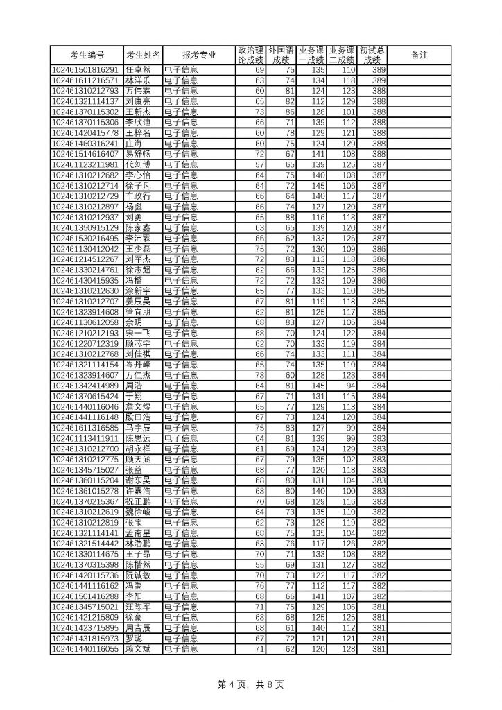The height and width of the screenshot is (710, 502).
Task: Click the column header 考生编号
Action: pos(87,55)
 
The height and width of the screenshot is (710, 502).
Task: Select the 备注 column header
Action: pos(419,55)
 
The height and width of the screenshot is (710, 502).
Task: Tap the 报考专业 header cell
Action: pos(199,55)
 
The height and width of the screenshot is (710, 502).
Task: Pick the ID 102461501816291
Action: pos(86,70)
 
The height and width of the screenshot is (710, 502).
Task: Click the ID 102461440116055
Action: pos(86,649)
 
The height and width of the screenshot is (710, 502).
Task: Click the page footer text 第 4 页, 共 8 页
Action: pos(250,684)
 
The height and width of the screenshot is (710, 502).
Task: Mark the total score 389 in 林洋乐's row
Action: pos(379,80)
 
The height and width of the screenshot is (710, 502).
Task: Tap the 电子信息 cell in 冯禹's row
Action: pos(180,586)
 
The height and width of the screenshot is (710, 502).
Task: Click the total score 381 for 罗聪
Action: pos(379,639)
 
